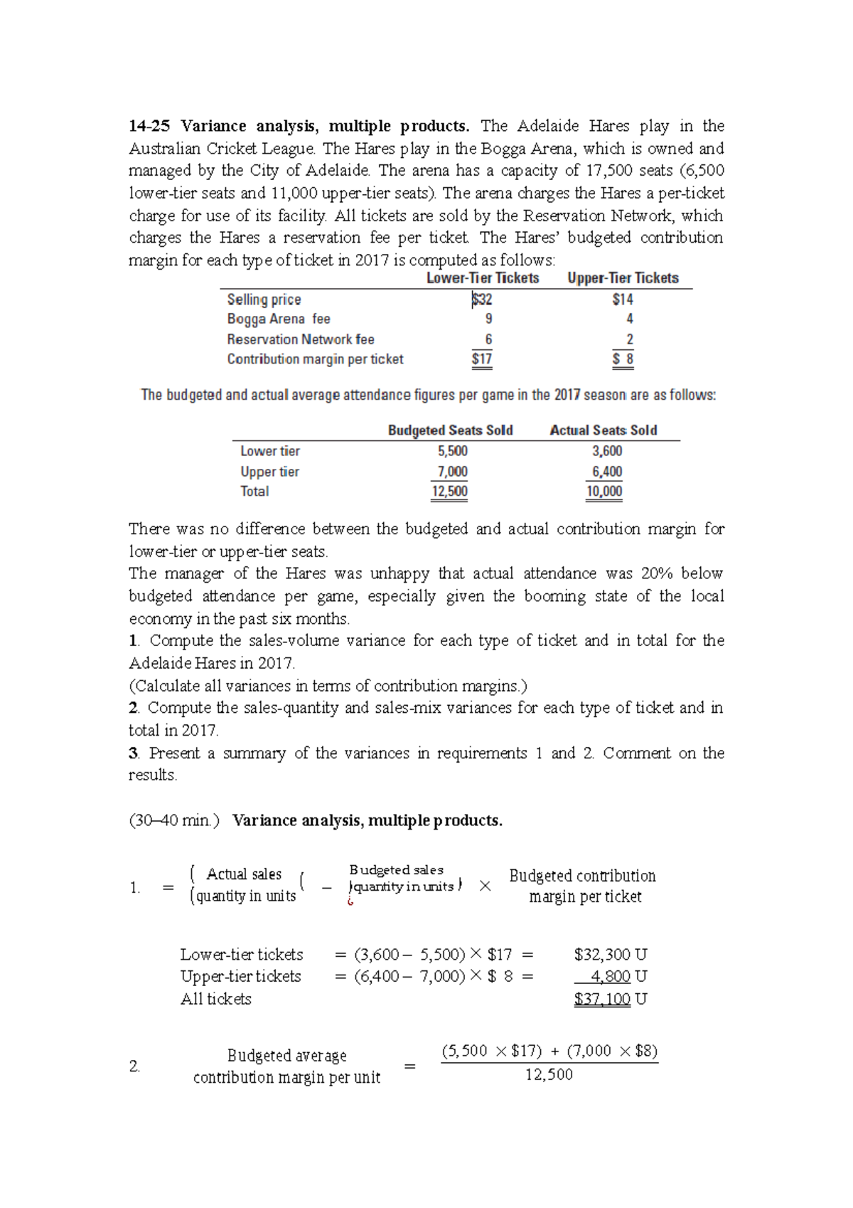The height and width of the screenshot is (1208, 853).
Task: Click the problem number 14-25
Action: tap(149, 127)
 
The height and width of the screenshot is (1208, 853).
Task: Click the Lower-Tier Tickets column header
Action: tap(483, 278)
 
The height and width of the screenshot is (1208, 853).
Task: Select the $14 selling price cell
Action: tap(623, 300)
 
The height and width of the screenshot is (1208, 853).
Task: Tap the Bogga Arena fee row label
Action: tap(279, 319)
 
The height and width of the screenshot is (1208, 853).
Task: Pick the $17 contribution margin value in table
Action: tap(482, 359)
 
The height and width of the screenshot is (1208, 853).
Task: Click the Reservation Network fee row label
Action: tap(301, 339)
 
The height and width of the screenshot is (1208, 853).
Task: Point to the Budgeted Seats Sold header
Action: tap(450, 430)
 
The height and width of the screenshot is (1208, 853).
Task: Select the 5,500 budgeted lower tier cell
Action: tap(453, 451)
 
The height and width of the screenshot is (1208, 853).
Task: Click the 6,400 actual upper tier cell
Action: tap(607, 472)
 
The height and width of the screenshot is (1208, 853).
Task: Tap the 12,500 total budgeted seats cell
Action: tap(449, 492)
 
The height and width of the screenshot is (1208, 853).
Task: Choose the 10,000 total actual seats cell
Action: tap(604, 492)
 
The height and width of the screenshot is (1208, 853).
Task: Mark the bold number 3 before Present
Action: tap(133, 753)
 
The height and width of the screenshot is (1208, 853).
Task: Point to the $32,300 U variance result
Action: tap(610, 955)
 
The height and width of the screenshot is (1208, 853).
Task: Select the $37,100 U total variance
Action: tap(610, 999)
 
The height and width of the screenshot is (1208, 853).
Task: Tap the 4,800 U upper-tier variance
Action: tap(618, 977)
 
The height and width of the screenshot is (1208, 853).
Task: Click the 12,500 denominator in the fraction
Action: tap(549, 1075)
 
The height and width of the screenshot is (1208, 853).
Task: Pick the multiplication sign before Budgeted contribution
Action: tap(485, 886)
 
